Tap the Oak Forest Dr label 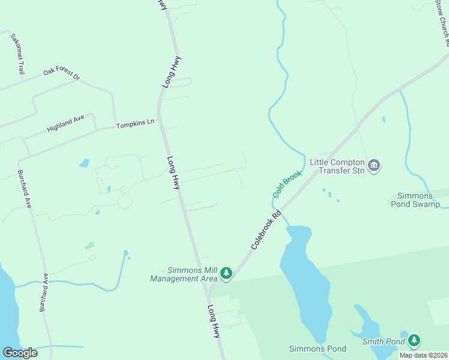[x=61, y=75]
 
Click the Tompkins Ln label [x=136, y=124]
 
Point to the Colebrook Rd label [x=266, y=229]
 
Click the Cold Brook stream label [x=288, y=183]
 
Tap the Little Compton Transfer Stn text [x=337, y=166]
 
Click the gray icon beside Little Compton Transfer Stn [x=374, y=166]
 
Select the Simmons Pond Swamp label [x=418, y=200]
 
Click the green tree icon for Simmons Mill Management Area [x=226, y=274]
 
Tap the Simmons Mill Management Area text [x=184, y=274]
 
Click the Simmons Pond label [x=318, y=349]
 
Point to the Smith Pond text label [x=384, y=342]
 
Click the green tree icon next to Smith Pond [x=414, y=340]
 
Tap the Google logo [x=20, y=353]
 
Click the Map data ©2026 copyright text [x=423, y=355]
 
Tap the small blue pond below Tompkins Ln [x=84, y=163]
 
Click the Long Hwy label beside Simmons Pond [x=214, y=322]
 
